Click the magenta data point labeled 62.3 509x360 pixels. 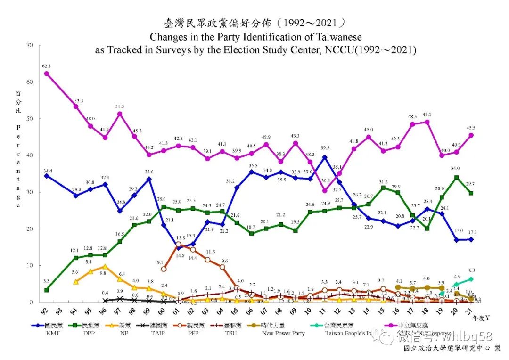click(46, 74)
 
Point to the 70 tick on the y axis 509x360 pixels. click(30, 45)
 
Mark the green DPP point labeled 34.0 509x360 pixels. click(456, 177)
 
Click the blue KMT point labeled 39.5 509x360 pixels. click(324, 157)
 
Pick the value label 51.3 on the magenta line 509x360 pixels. click(120, 106)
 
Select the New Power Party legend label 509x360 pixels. click(283, 333)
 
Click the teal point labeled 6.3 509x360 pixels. click(471, 279)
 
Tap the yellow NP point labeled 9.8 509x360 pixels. click(105, 266)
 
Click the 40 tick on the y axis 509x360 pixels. click(30, 155)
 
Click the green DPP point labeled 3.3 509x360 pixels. click(46, 290)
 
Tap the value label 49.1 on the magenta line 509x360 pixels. click(427, 114)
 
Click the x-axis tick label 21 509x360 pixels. click(471, 312)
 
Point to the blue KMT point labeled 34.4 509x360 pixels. click(46, 176)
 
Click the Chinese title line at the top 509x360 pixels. click(255, 23)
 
